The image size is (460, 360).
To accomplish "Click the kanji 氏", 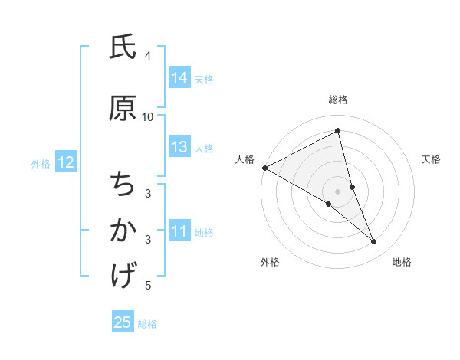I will [123, 48].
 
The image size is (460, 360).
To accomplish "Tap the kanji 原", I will [123, 109].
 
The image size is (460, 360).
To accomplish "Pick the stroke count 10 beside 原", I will [148, 116].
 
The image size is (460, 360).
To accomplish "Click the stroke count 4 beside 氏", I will [148, 56].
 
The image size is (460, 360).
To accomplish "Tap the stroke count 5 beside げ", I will [148, 286].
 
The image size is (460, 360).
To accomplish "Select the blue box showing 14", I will [179, 78].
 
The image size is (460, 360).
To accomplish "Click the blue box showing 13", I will [179, 148].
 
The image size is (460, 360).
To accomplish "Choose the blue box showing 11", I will [179, 231].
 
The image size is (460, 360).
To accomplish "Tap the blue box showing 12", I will [65, 162].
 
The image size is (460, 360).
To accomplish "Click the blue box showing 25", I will [123, 322].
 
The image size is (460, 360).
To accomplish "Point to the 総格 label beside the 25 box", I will [147, 324].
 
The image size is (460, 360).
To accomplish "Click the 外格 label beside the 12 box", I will [41, 163].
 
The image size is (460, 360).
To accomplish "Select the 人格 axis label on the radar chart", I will [245, 159].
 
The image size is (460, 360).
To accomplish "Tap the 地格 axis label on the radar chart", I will [402, 262].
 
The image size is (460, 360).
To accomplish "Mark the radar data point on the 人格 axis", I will [264, 167].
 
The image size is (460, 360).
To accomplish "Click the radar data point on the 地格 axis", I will [374, 242].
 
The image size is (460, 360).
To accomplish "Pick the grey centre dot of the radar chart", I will [337, 191].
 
